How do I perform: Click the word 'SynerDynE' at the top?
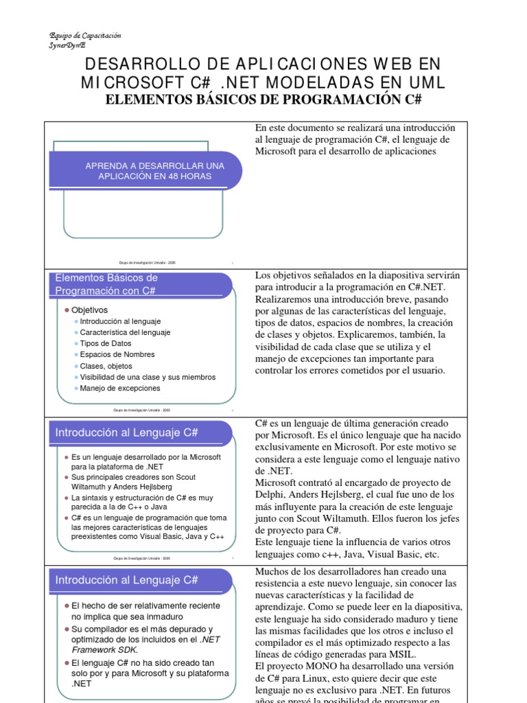[x=68, y=45]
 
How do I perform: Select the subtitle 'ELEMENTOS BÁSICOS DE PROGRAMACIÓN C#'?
[x=262, y=100]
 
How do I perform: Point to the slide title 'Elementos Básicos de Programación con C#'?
[x=106, y=284]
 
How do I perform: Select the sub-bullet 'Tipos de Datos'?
[x=106, y=343]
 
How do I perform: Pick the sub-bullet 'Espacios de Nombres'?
[x=117, y=354]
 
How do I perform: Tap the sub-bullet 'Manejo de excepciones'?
[x=120, y=388]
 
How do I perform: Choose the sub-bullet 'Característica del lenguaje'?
[x=125, y=332]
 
